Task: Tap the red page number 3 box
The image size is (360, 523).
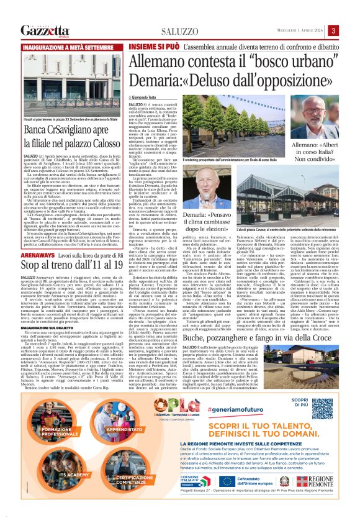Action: coord(333,31)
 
